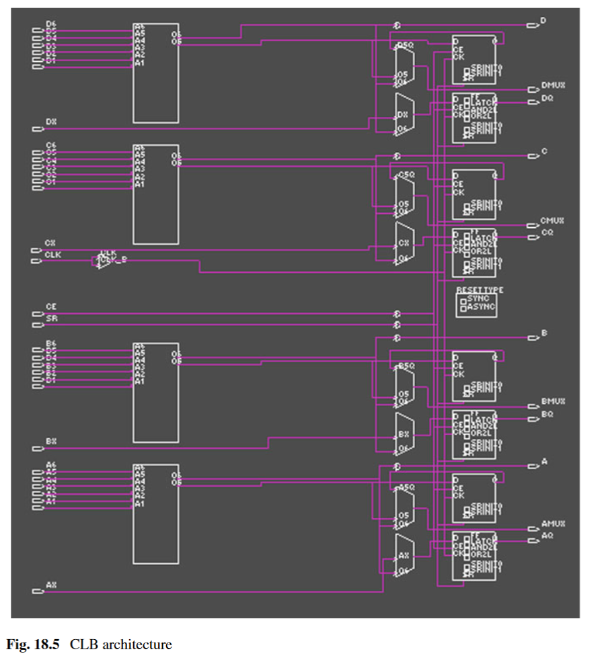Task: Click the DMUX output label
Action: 553,87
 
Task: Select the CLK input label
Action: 52,255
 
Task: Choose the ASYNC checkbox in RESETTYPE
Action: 463,307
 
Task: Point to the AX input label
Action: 51,585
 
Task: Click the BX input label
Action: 51,442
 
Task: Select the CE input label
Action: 51,306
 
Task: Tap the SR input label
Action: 51,319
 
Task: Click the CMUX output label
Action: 553,220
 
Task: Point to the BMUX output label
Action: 553,401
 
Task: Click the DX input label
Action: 51,122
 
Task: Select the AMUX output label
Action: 553,524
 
